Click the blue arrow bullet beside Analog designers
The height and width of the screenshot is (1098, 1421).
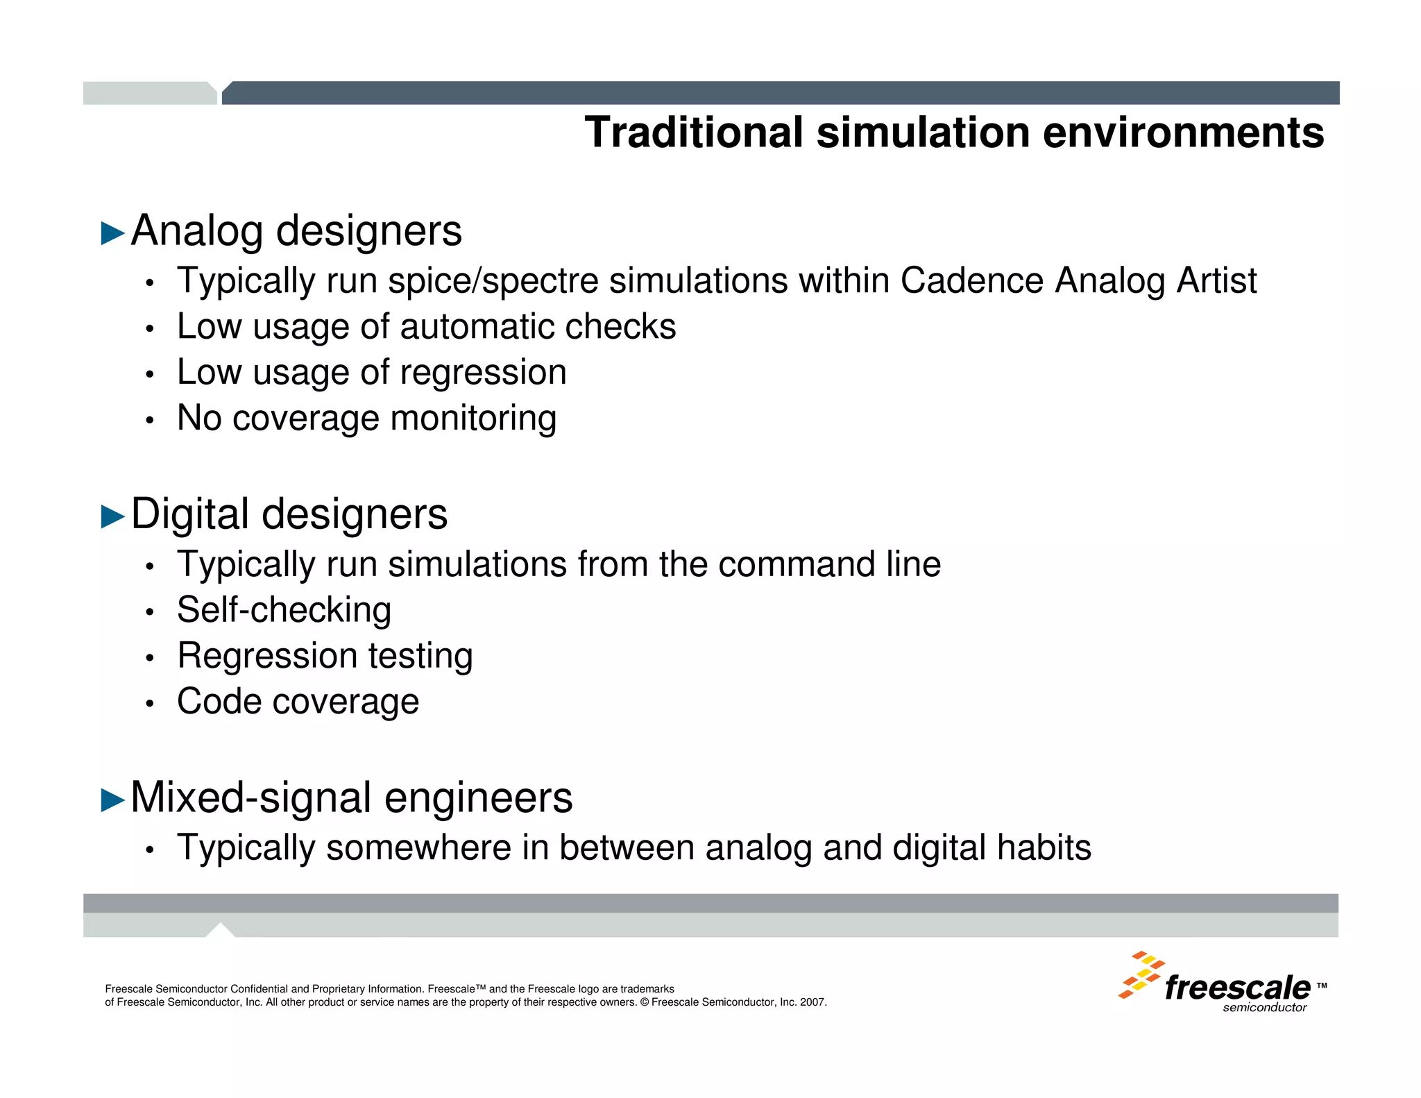click(x=112, y=233)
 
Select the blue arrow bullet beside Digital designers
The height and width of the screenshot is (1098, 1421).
click(x=112, y=516)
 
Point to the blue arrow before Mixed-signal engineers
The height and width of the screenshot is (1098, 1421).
click(x=112, y=800)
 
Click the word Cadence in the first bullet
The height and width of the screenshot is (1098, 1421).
click(x=971, y=281)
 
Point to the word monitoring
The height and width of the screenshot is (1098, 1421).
click(x=473, y=419)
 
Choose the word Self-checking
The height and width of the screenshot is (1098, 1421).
click(x=284, y=611)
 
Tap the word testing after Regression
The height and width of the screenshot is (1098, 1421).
click(x=420, y=656)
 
